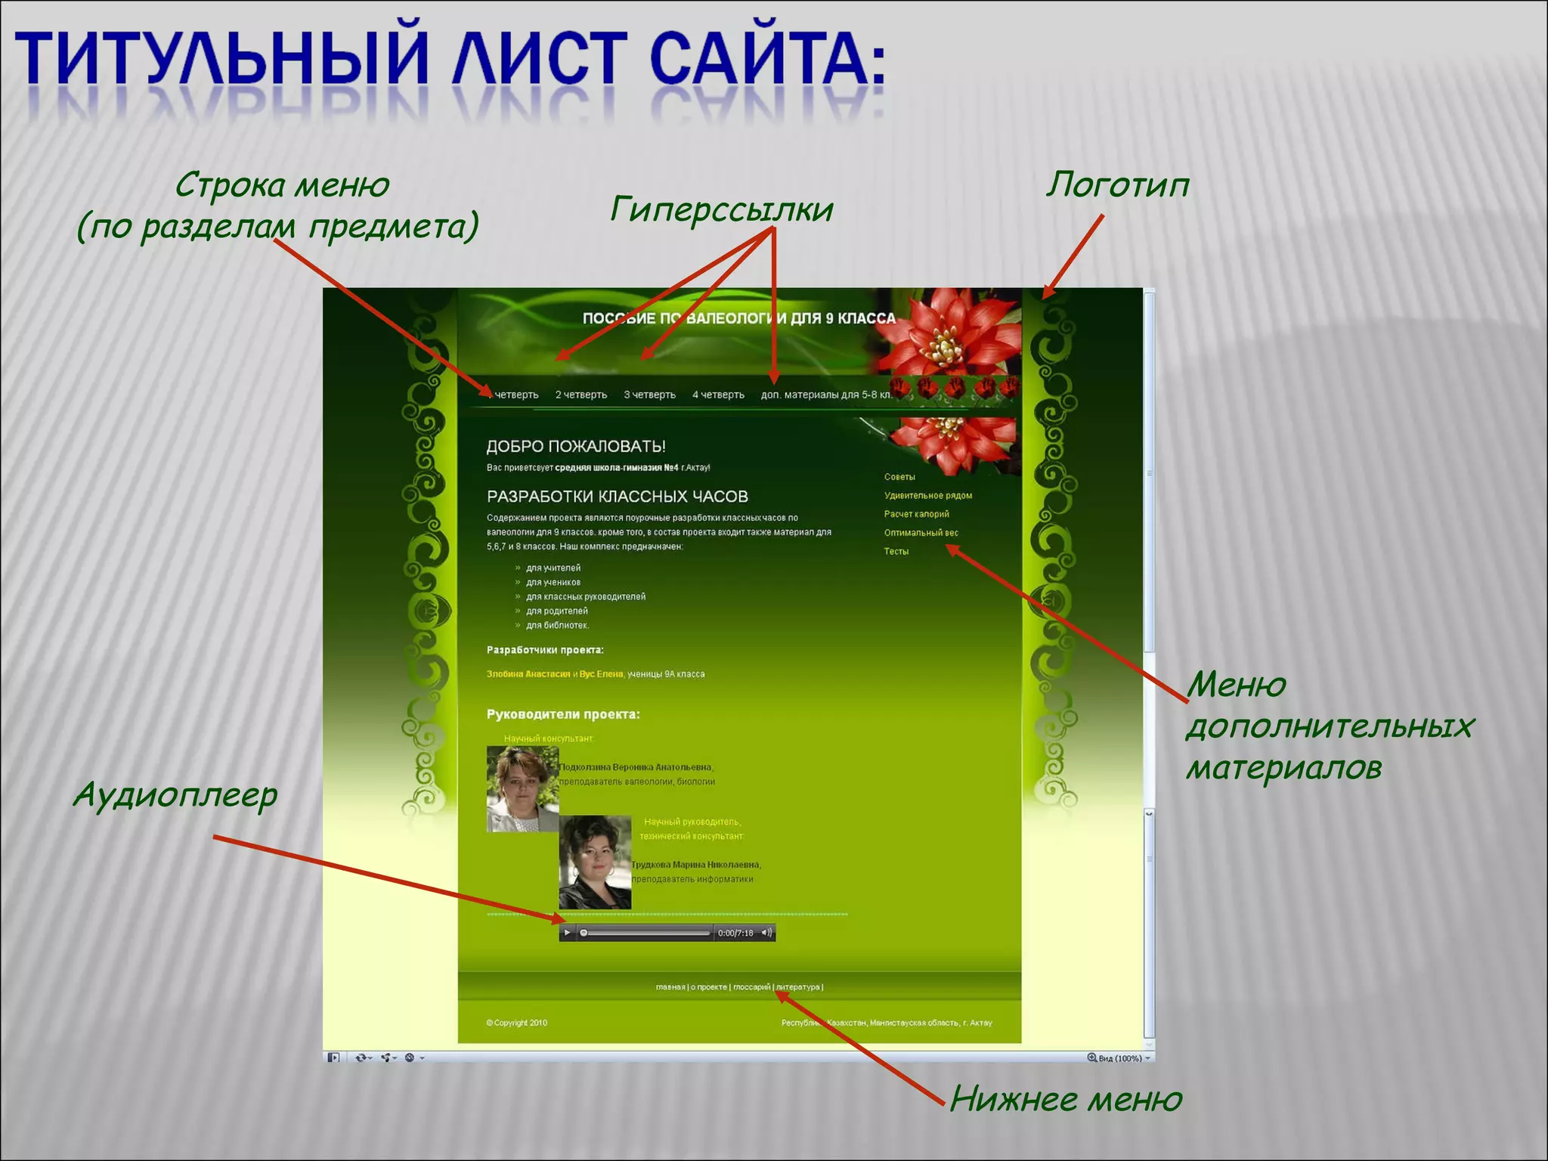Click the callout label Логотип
(x=1117, y=186)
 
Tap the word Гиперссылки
(x=721, y=210)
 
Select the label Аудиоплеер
(x=175, y=796)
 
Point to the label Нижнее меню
(x=1066, y=1099)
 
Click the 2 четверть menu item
(x=580, y=395)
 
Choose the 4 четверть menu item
(x=718, y=395)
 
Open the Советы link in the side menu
(x=899, y=477)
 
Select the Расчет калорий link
(x=916, y=514)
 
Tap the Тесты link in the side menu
(x=896, y=552)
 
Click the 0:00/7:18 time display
(x=735, y=933)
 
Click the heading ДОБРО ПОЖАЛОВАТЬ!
(x=576, y=447)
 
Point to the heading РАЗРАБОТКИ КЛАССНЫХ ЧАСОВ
(x=617, y=497)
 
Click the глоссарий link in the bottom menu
(x=751, y=987)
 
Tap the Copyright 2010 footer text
(x=517, y=1023)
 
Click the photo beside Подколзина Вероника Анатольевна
(x=522, y=788)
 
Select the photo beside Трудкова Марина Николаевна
(x=594, y=862)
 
